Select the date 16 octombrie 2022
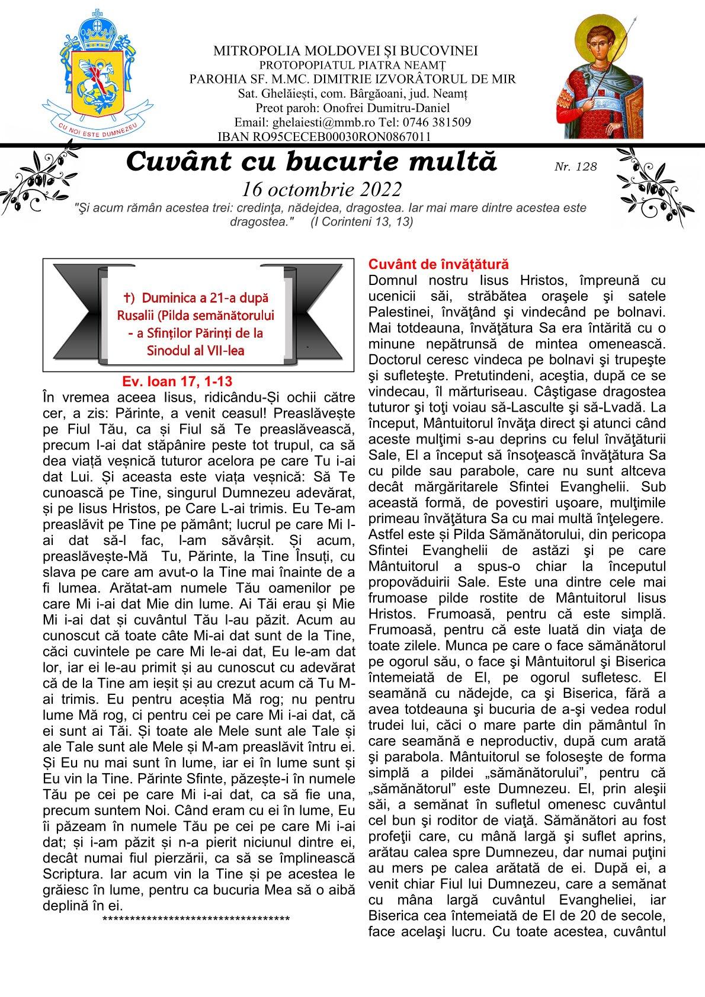tap(322, 189)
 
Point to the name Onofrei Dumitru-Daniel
tap(401, 108)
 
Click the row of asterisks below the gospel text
tap(196, 919)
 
